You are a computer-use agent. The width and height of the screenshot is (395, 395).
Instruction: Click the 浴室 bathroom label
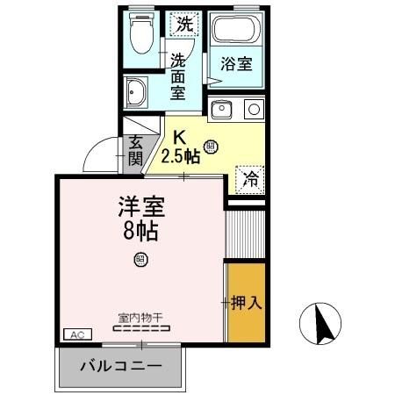235,64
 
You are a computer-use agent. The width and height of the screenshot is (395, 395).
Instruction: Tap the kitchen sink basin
221,111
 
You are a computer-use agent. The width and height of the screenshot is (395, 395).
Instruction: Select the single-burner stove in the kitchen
253,110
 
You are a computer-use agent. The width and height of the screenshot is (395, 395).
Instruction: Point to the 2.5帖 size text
182,156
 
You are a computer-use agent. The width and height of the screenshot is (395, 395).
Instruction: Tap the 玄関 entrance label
135,150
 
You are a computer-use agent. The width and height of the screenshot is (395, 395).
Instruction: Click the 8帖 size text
140,233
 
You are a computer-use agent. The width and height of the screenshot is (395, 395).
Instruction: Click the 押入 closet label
248,304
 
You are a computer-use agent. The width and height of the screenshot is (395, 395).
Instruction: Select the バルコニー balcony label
121,366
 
